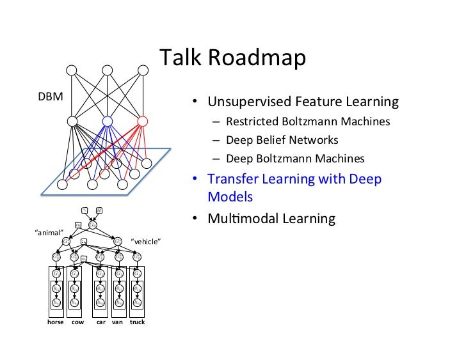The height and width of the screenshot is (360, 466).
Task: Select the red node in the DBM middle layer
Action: tap(142, 121)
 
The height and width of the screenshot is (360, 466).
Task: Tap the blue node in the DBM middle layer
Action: tap(108, 121)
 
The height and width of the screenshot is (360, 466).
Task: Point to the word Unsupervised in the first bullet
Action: tap(248, 102)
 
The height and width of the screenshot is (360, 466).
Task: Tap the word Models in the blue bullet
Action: tap(230, 197)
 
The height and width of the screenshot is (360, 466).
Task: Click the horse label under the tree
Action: tap(56, 322)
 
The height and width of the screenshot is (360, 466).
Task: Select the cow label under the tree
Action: tap(77, 322)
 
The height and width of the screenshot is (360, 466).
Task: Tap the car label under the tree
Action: tap(100, 322)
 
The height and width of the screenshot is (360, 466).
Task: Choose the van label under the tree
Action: tap(117, 322)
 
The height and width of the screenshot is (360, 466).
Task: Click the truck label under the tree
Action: tap(137, 322)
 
